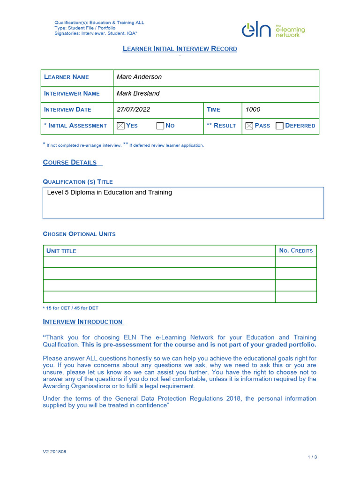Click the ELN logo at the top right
(x=273, y=30)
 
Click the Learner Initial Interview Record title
(x=180, y=49)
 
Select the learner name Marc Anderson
(x=139, y=77)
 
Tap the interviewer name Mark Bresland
(x=138, y=93)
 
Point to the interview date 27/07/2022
(x=133, y=109)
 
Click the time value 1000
(x=253, y=109)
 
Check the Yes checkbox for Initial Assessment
(x=120, y=126)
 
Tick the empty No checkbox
(x=160, y=126)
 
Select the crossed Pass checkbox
(x=249, y=126)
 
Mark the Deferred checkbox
(x=280, y=126)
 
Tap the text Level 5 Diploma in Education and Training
(x=110, y=192)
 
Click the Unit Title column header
(x=61, y=251)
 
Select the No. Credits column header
(x=296, y=251)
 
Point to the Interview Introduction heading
(x=83, y=322)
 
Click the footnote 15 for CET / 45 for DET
(x=70, y=308)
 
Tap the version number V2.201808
(x=54, y=452)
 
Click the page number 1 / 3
(x=312, y=457)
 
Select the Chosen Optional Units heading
(x=79, y=234)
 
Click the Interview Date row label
(x=67, y=109)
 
